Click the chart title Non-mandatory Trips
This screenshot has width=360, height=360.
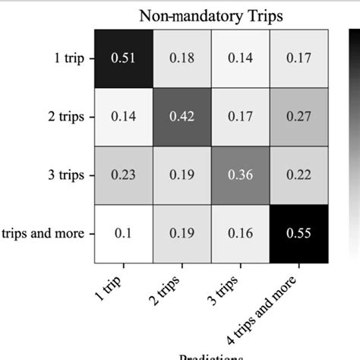click(212, 15)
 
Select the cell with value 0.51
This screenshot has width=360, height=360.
click(124, 58)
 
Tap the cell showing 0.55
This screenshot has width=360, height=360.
click(299, 234)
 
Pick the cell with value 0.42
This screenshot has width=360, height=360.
click(182, 117)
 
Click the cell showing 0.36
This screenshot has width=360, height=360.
click(241, 175)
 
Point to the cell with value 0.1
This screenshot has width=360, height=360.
click(124, 234)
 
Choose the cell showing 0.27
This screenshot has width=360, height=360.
click(299, 117)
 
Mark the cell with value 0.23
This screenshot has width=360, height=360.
click(124, 175)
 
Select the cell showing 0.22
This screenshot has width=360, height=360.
click(299, 175)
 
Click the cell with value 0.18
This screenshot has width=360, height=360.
click(182, 58)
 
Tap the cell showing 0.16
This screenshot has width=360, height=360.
click(241, 234)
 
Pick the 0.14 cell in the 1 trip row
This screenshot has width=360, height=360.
click(241, 58)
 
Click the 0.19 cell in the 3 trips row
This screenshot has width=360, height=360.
click(182, 175)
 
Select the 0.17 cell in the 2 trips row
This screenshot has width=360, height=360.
click(241, 117)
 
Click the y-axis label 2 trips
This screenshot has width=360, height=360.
click(65, 117)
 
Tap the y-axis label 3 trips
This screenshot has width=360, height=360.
click(65, 175)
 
